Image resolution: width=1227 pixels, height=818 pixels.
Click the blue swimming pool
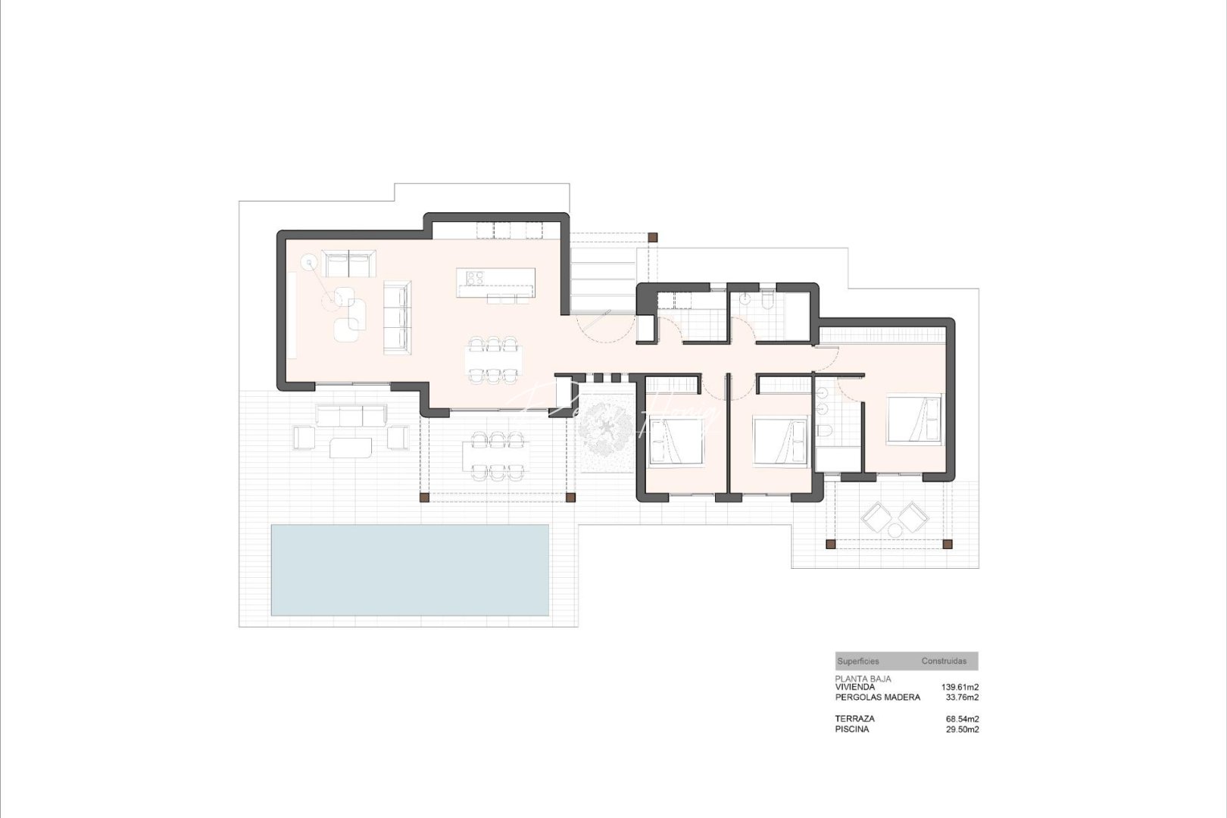(410, 570)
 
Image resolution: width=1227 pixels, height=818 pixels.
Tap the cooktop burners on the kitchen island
(475, 278)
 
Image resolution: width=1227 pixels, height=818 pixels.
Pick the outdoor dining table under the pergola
(495, 455)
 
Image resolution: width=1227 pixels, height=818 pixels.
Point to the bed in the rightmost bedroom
(914, 417)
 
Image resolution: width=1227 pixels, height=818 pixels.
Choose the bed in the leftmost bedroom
(675, 442)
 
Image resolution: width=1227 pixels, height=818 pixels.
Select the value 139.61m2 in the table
(960, 687)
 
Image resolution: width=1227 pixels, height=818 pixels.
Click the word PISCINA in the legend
(852, 729)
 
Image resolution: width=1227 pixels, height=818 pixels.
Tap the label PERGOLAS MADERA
(877, 697)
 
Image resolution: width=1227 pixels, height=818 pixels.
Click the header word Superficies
(858, 661)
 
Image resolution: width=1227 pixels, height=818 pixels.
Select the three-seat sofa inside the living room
(396, 317)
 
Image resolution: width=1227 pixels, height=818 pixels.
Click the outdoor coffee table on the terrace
(351, 448)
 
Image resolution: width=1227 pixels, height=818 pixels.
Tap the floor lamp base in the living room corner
(309, 264)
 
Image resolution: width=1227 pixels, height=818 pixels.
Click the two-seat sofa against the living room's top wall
(348, 264)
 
